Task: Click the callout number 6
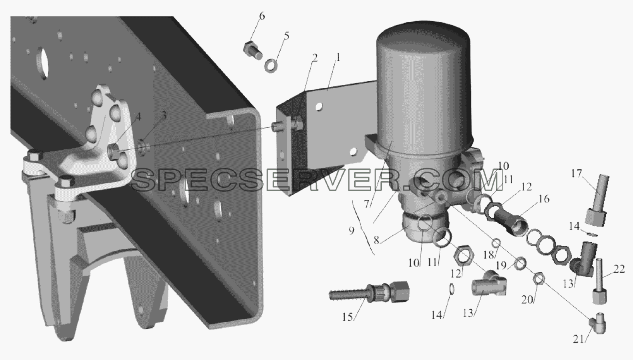pos(262,16)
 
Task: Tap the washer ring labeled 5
pos(271,66)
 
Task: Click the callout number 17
pos(576,173)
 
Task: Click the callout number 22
pos(619,269)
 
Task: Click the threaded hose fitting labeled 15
pos(369,293)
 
